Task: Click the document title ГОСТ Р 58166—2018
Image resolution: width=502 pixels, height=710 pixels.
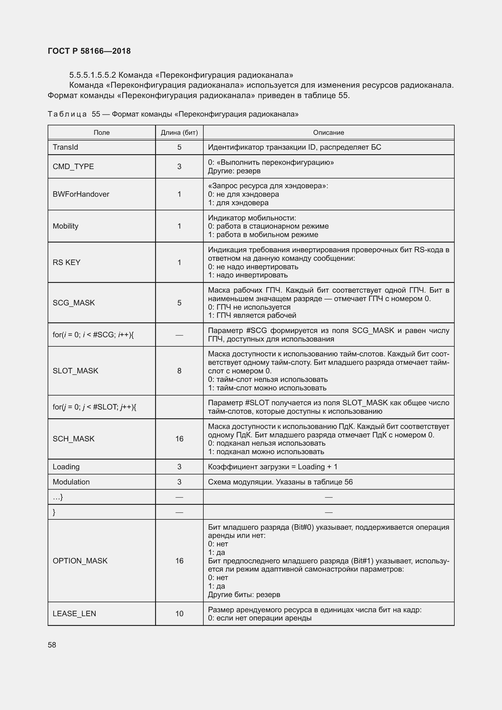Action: coord(89,51)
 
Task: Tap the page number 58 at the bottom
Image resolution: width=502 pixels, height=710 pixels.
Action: coord(52,645)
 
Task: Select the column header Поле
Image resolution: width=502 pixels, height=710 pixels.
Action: coord(101,133)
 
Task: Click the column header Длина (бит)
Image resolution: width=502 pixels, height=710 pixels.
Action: coord(179,133)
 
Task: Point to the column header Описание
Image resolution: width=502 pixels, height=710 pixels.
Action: coord(328,133)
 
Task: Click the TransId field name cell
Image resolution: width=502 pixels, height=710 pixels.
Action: coord(65,147)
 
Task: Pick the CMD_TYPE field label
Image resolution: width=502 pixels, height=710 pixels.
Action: coord(73,167)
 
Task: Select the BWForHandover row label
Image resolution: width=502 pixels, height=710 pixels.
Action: coord(81,194)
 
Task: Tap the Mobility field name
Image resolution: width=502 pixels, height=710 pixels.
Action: coord(66,226)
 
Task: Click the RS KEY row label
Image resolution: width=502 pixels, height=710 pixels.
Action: coord(66,263)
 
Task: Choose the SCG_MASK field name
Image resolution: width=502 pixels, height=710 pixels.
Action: coord(73,303)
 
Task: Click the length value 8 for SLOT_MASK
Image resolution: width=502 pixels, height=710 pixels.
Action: coord(179,371)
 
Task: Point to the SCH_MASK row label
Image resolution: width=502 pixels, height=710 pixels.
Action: coord(73,439)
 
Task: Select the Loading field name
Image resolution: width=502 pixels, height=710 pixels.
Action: coord(66,467)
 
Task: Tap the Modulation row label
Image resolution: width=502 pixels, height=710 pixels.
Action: coord(71,482)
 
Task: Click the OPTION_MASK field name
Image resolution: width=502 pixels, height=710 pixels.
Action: coord(80,561)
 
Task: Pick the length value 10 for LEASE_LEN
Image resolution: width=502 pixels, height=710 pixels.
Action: coord(179,614)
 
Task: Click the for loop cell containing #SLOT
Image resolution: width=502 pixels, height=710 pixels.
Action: coord(94,407)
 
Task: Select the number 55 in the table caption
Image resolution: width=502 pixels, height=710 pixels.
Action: coord(96,114)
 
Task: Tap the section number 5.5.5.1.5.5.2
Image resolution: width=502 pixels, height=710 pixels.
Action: coord(93,75)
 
